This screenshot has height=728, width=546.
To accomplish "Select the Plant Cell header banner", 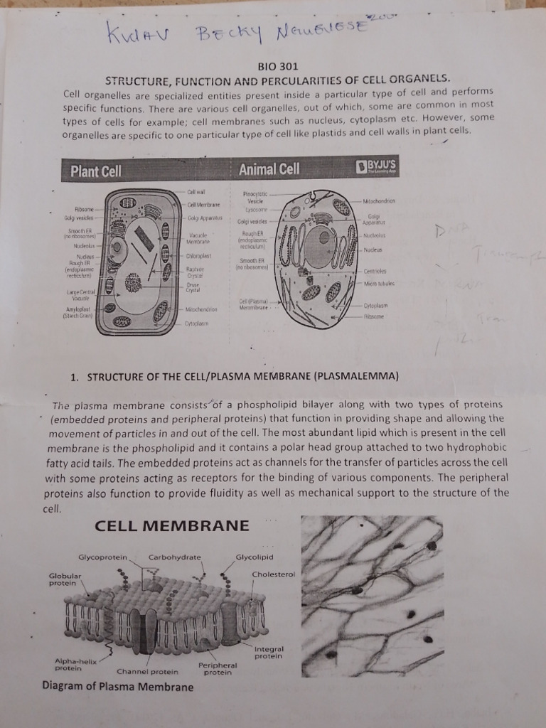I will (x=96, y=171).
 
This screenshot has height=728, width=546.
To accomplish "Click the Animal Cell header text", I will (x=269, y=169).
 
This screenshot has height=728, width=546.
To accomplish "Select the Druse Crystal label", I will (x=193, y=287).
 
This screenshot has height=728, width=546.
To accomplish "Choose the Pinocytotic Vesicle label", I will (x=254, y=197).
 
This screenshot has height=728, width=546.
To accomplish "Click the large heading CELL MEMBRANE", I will (x=172, y=527).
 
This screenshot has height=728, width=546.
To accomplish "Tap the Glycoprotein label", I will (x=102, y=557).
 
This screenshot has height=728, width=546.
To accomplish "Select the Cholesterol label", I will (x=273, y=574).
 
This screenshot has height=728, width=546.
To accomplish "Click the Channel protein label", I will (x=147, y=671).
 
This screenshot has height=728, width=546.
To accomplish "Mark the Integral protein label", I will (x=269, y=652).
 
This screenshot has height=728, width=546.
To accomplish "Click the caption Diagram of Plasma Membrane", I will (x=117, y=687).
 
